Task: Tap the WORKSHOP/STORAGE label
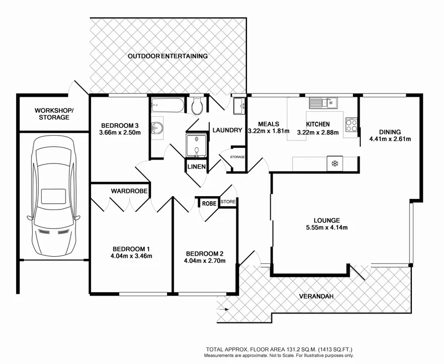click(x=54, y=114)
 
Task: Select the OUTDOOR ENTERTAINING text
click(x=168, y=56)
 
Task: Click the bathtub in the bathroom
click(x=167, y=104)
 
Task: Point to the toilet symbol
click(x=196, y=106)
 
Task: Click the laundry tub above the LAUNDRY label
click(x=239, y=106)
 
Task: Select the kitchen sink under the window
click(x=323, y=102)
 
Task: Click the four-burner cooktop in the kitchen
click(x=351, y=126)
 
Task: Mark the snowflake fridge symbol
click(x=335, y=163)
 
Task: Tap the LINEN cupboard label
click(x=196, y=167)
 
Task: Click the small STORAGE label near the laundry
click(x=237, y=157)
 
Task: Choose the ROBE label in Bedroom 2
click(x=209, y=203)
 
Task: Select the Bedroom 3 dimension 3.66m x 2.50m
click(x=120, y=132)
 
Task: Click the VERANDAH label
click(x=316, y=297)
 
